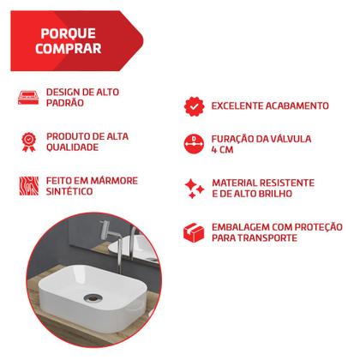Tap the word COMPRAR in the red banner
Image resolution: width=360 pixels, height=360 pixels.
(x=67, y=50)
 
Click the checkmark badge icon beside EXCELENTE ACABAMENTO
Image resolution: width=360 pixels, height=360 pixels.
(x=194, y=105)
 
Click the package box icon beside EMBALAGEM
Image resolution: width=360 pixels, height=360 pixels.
(x=194, y=231)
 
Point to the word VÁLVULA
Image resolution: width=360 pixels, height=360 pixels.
(x=288, y=138)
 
